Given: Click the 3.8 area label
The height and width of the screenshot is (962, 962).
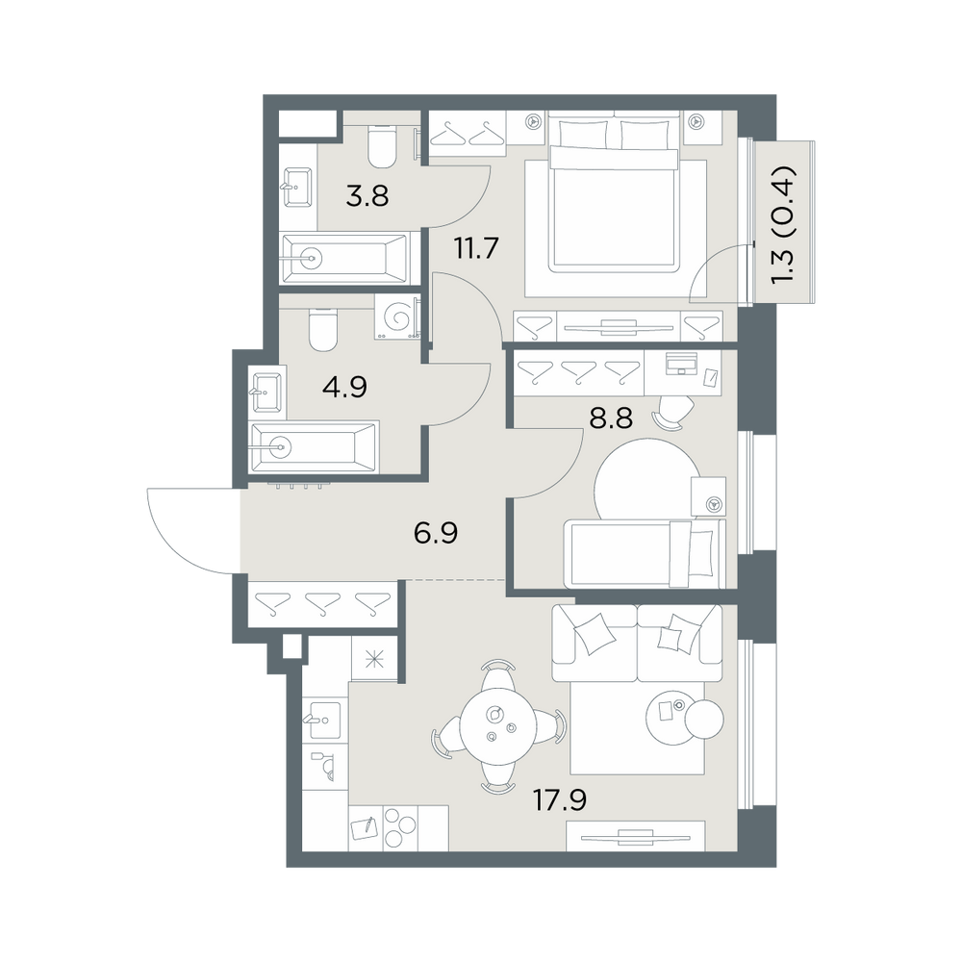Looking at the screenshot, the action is (x=367, y=197).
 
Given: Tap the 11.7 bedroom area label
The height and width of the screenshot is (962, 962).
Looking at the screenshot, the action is (x=476, y=248).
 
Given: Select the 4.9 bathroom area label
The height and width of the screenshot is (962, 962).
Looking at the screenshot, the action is (x=345, y=387).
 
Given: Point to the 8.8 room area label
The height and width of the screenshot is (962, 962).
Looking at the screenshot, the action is (x=611, y=418).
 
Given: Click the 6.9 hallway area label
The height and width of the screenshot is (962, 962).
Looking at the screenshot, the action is (x=436, y=533).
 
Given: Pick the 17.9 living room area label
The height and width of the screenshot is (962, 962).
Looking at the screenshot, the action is (x=560, y=799).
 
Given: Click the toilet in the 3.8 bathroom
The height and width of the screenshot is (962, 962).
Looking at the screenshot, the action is (x=381, y=146).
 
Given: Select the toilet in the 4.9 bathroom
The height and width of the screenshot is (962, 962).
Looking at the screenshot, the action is (x=323, y=329).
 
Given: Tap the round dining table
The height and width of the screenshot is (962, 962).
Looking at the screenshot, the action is (x=498, y=726).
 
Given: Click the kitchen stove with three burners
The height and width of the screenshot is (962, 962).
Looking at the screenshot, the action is (x=399, y=827).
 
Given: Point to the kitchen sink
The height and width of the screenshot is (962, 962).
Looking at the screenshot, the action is (x=321, y=719).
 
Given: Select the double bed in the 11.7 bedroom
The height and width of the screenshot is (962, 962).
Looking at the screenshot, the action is (x=615, y=195).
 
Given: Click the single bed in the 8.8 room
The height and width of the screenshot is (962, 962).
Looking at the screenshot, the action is (x=645, y=554).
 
